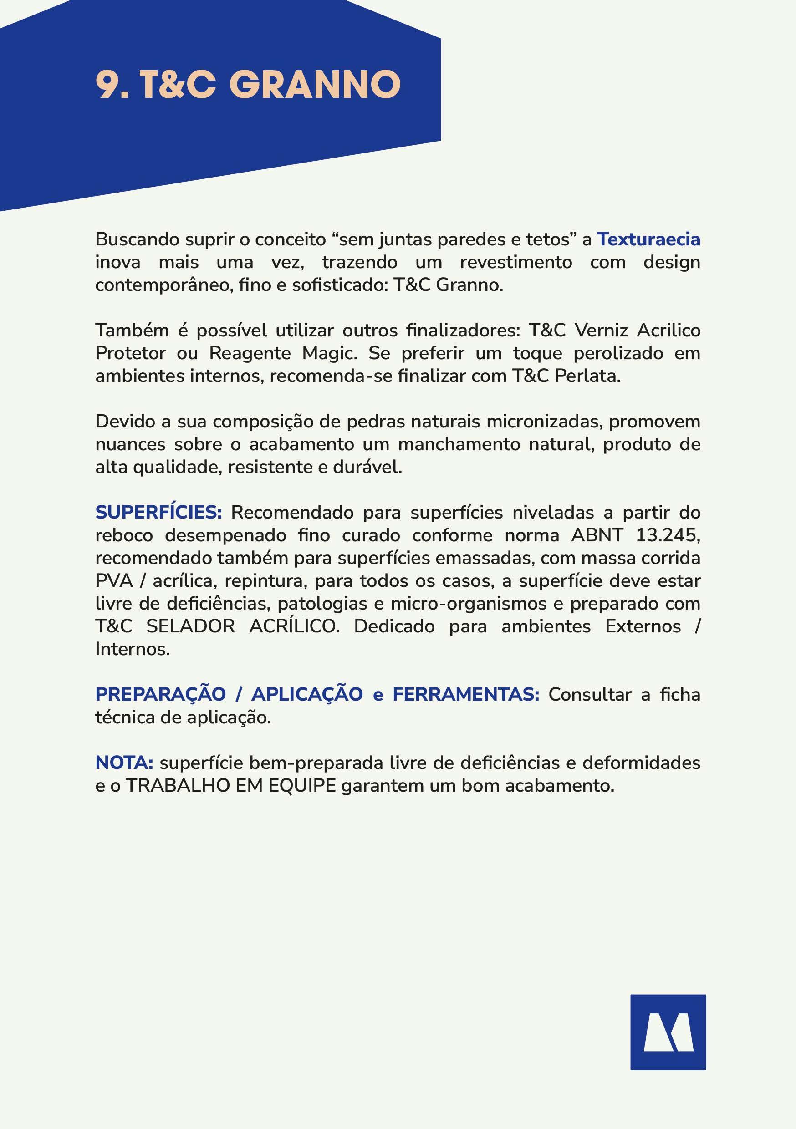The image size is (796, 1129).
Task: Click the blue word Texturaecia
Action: point(648,239)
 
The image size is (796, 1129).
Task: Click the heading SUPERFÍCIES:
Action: point(158,513)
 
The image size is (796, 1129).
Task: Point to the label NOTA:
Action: point(124,763)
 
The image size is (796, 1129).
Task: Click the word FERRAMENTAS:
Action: point(465,694)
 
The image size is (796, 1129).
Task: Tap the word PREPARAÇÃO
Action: point(160,694)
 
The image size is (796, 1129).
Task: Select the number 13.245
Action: point(668,535)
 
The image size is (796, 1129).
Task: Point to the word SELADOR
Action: point(190,626)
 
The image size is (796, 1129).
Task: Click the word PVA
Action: point(114,581)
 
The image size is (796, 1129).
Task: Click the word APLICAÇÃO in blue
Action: point(307,694)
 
